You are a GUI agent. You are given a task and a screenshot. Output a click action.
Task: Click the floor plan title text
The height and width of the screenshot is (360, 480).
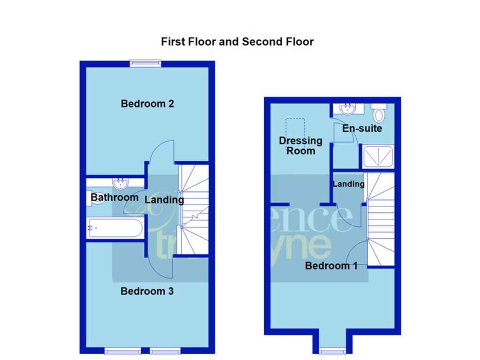click(237, 42)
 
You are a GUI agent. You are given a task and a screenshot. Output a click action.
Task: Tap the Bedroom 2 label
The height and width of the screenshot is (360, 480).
click(147, 104)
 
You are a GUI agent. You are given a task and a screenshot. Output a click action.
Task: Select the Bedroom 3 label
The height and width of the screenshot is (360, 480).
click(147, 291)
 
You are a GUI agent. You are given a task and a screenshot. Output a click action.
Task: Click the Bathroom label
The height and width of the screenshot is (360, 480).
click(115, 197)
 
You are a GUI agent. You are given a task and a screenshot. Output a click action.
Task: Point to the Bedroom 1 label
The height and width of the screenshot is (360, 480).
click(331, 266)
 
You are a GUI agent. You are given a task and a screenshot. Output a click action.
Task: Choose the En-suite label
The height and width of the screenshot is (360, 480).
click(362, 128)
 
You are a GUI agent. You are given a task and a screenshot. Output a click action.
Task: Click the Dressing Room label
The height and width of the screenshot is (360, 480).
click(300, 146)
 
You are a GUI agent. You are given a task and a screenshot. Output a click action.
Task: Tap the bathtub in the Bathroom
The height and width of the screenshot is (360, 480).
click(115, 228)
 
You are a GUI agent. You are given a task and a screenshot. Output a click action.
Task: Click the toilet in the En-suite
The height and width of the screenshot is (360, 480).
click(379, 113)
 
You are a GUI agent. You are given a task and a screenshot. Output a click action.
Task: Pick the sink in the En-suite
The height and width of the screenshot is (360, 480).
click(347, 109)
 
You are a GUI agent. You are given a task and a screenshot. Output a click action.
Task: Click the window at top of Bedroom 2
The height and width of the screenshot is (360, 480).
click(146, 63)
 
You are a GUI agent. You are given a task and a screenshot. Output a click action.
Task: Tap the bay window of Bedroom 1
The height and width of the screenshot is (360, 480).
click(332, 350)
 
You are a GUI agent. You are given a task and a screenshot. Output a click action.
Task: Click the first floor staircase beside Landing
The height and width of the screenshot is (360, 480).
click(193, 209)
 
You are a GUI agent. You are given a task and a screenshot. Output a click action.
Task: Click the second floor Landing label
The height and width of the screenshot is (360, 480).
click(348, 184)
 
